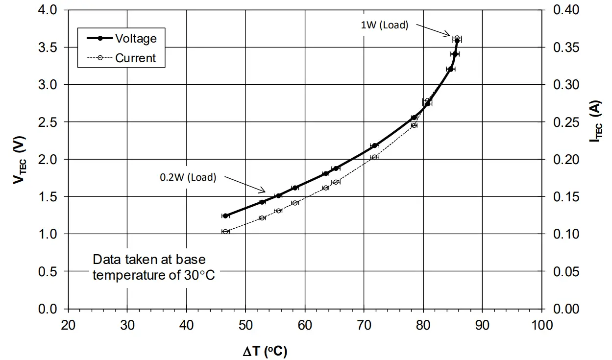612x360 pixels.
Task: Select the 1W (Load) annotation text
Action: (x=384, y=25)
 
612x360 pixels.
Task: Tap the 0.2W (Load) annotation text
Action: (x=188, y=177)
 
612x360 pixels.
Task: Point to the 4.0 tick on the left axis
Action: (x=48, y=10)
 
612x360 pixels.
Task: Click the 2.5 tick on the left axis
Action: (x=48, y=122)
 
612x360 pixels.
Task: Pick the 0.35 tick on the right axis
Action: (x=566, y=48)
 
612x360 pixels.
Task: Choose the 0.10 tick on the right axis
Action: (x=566, y=234)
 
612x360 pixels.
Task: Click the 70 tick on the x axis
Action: (x=364, y=325)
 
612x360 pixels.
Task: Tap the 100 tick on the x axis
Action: (x=541, y=325)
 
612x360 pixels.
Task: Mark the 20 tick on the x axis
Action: (x=68, y=325)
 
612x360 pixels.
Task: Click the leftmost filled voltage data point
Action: (x=225, y=216)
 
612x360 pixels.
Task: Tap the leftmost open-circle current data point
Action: (x=225, y=231)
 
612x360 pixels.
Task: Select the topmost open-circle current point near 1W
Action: (x=457, y=38)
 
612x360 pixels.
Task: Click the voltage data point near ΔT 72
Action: (x=375, y=145)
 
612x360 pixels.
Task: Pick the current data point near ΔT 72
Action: (x=375, y=157)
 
